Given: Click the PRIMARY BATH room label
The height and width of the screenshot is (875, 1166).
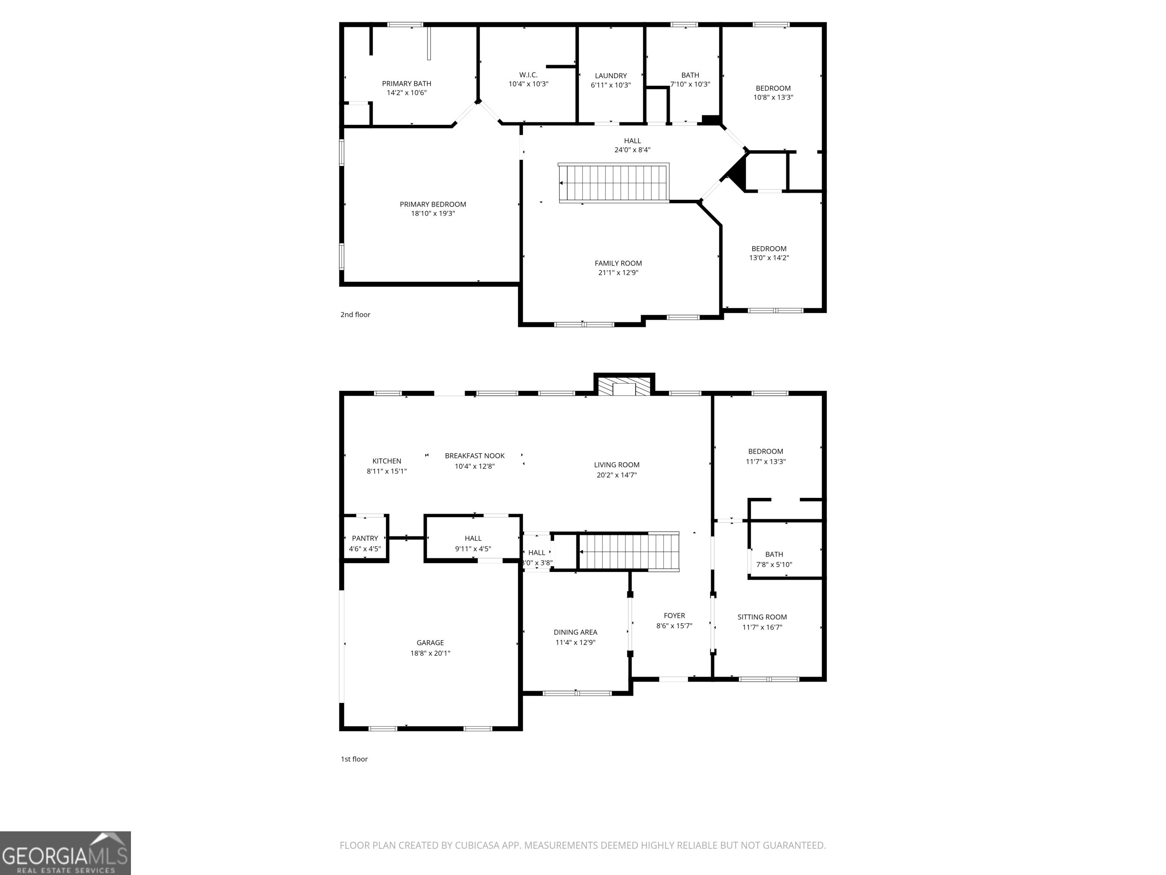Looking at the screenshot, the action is coord(407,83).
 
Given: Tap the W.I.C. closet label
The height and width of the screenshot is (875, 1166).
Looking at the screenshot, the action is coord(528,75).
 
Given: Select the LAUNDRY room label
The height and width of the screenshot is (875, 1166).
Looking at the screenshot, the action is coord(611,76).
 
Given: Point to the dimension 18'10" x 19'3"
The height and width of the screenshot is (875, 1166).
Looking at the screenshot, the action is coord(433,213).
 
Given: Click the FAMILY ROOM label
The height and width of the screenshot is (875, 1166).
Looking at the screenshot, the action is coord(618,263).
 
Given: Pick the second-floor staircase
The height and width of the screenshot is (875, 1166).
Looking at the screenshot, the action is coord(614,183).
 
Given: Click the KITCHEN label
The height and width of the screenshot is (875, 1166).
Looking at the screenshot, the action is coord(387,461).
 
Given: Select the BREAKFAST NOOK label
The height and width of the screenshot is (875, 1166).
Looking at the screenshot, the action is coord(475,456).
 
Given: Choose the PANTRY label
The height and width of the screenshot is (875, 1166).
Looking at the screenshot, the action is coord(365,539).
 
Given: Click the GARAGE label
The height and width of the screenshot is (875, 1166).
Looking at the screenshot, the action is coord(430,643).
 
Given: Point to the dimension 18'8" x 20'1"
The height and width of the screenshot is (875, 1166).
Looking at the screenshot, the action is coord(430,653).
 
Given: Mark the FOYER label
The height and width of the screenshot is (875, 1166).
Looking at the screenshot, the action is coord(674,616).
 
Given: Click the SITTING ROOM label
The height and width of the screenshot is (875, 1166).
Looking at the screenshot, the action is coord(762,617).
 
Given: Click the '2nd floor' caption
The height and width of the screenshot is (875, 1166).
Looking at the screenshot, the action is coord(355,314).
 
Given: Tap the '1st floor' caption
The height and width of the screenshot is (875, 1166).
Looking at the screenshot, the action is coord(354,759).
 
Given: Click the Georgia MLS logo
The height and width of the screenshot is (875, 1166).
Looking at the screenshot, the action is coord(65,853).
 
